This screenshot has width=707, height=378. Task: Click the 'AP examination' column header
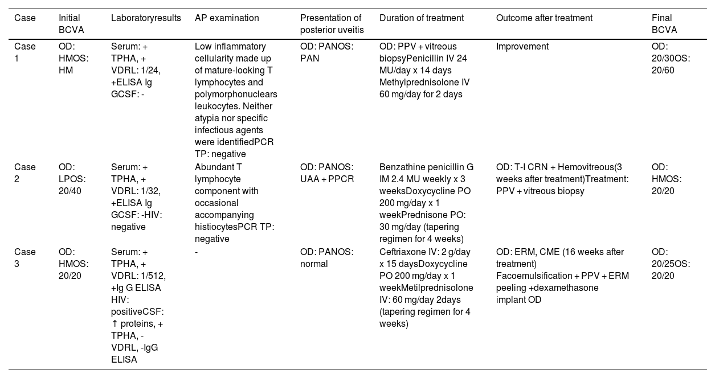pos(227,18)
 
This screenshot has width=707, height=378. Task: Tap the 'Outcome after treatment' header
pos(544,18)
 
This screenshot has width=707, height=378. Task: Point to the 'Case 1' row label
pos(24,52)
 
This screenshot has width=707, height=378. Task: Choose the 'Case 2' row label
pos(24,173)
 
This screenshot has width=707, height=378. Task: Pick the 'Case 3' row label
pos(24,257)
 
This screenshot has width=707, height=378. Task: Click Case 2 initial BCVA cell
pos(71,179)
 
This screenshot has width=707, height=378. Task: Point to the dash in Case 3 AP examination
pos(196,252)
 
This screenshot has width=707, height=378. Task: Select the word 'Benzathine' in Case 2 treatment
pos(400,167)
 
